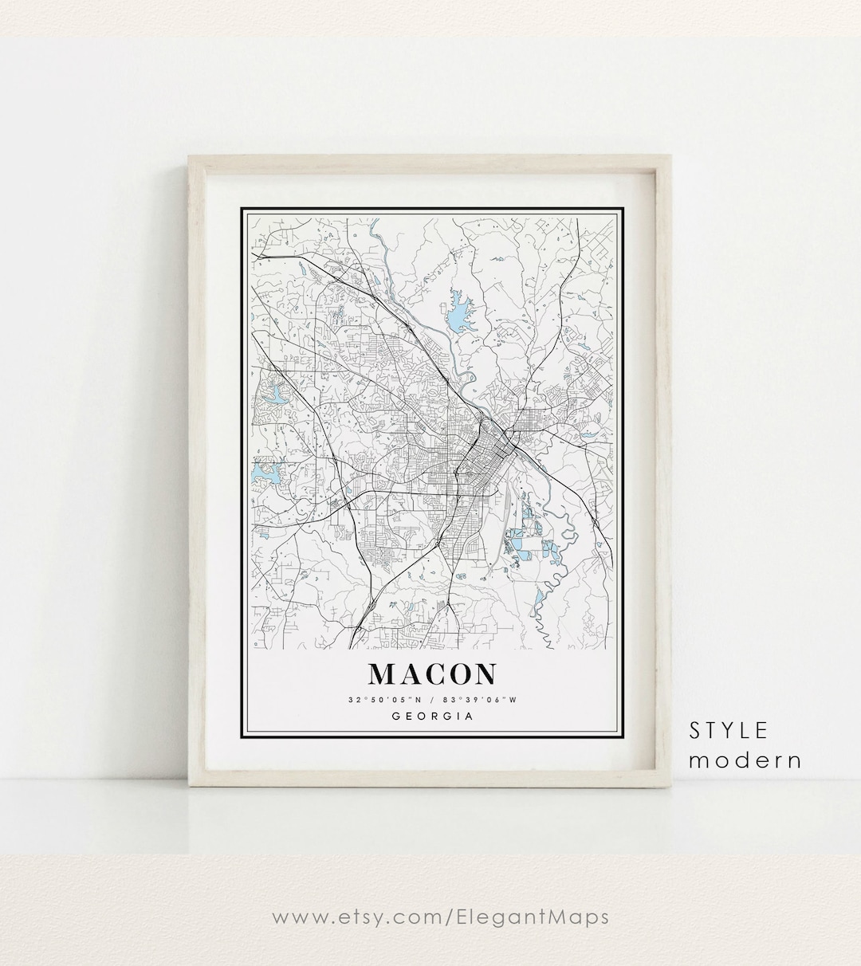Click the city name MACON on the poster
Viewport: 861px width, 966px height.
[431, 673]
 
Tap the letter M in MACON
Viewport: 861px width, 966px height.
[380, 674]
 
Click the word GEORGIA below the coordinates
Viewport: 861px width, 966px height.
[432, 716]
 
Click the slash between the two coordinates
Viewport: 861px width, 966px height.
[431, 700]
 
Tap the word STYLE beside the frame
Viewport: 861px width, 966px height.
[729, 730]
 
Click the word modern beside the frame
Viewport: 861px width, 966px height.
[745, 760]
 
